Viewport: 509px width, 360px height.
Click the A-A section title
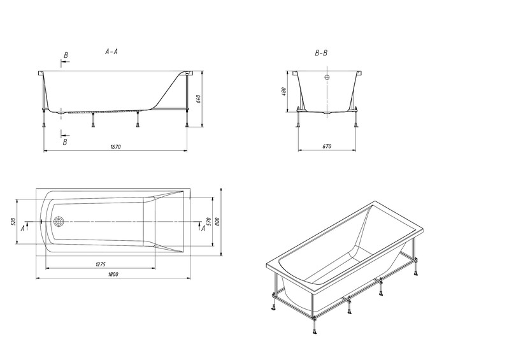pyautogui.click(x=111, y=51)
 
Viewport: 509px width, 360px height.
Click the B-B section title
pyautogui.click(x=321, y=53)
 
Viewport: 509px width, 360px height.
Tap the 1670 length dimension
pyautogui.click(x=115, y=147)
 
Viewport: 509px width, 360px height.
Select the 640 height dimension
pyautogui.click(x=199, y=99)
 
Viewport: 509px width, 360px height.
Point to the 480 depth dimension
pyautogui.click(x=283, y=91)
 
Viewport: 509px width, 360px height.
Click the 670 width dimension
pyautogui.click(x=327, y=147)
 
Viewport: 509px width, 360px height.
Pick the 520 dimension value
pyautogui.click(x=13, y=222)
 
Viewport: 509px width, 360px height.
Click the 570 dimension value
pyautogui.click(x=209, y=222)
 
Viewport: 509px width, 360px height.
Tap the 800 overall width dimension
pyautogui.click(x=217, y=222)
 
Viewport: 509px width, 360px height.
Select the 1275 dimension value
pyautogui.click(x=101, y=264)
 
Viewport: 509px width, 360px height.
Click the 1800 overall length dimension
pyautogui.click(x=113, y=275)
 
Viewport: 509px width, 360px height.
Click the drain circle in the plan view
pyautogui.click(x=59, y=222)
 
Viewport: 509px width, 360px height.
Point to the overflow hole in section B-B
pyautogui.click(x=327, y=77)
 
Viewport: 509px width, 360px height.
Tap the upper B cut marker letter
pyautogui.click(x=66, y=55)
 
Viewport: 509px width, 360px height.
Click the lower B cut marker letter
pyautogui.click(x=65, y=142)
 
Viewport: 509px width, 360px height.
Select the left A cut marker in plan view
pyautogui.click(x=23, y=228)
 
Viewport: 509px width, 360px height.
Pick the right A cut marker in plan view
pyautogui.click(x=203, y=228)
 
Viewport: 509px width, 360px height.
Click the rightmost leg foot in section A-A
pyautogui.click(x=187, y=125)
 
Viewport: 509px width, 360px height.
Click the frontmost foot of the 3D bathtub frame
pyautogui.click(x=314, y=331)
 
